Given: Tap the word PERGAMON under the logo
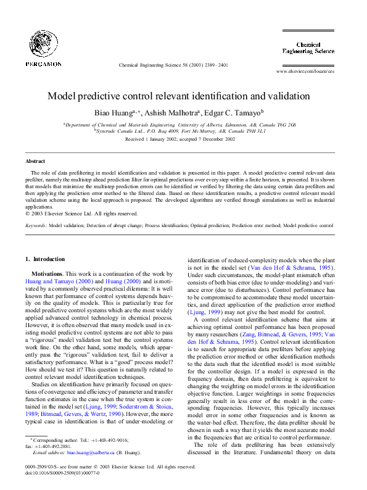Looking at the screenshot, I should click(x=43, y=64).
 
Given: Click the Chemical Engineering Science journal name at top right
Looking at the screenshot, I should click(x=316, y=49).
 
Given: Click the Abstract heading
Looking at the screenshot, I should click(x=27, y=161).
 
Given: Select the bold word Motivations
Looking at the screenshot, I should click(x=47, y=273).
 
